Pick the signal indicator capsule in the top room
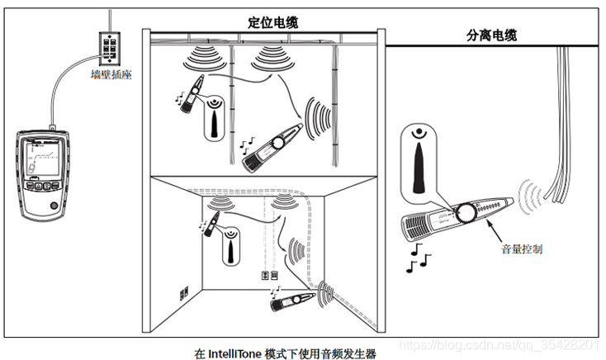[215, 116]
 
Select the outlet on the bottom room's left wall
[186, 292]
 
